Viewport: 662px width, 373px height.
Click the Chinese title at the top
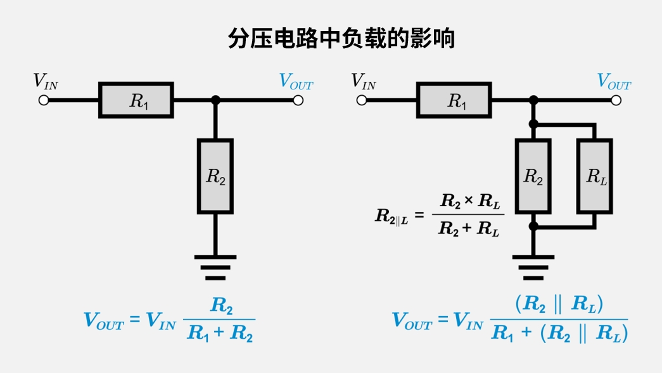[341, 39]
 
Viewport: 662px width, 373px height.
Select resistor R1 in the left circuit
[136, 100]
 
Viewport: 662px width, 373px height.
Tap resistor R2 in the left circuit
[215, 176]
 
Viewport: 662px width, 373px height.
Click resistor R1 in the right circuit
[454, 100]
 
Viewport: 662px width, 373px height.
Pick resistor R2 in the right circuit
[533, 176]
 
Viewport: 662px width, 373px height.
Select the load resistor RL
[594, 176]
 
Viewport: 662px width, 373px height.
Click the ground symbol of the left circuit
[215, 267]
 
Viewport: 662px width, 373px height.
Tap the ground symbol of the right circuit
[533, 267]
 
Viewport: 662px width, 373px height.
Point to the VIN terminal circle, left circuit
[44, 100]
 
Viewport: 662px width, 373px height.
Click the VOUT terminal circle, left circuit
[298, 100]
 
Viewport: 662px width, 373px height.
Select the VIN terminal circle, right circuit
[362, 100]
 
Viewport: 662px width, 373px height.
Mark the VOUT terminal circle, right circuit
[616, 100]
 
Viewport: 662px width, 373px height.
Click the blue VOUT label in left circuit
[296, 82]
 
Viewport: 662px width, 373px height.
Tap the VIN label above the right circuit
[364, 82]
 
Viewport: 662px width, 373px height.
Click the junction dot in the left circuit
[215, 100]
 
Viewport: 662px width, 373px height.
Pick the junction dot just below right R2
[533, 225]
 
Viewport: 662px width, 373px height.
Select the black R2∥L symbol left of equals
[391, 216]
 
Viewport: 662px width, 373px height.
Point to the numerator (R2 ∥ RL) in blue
[559, 305]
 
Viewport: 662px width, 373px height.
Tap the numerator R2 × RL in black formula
[470, 202]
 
